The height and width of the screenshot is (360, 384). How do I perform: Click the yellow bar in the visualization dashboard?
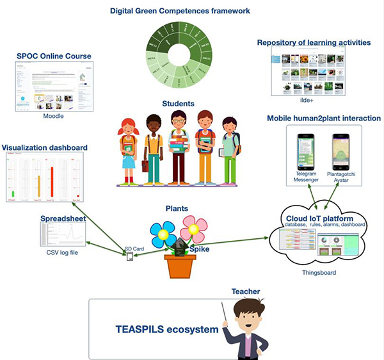(x=38, y=186)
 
